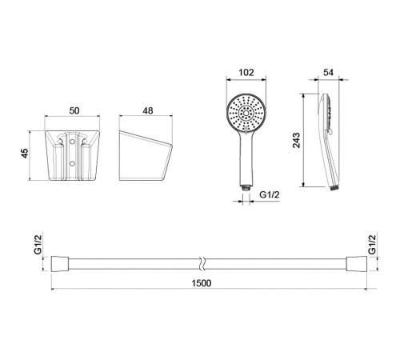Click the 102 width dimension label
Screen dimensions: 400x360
[x=246, y=72]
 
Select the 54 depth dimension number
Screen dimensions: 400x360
[x=328, y=72]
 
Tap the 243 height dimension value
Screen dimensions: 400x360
[x=296, y=140]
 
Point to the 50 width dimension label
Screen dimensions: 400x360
[x=74, y=110]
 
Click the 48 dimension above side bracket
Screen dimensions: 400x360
[x=148, y=110]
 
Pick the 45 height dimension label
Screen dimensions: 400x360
[x=25, y=154]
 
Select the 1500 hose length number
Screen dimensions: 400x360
[x=202, y=283]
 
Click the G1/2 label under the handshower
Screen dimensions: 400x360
[x=270, y=195]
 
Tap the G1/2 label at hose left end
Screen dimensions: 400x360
[x=38, y=244]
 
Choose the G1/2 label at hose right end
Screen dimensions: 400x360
[x=372, y=244]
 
